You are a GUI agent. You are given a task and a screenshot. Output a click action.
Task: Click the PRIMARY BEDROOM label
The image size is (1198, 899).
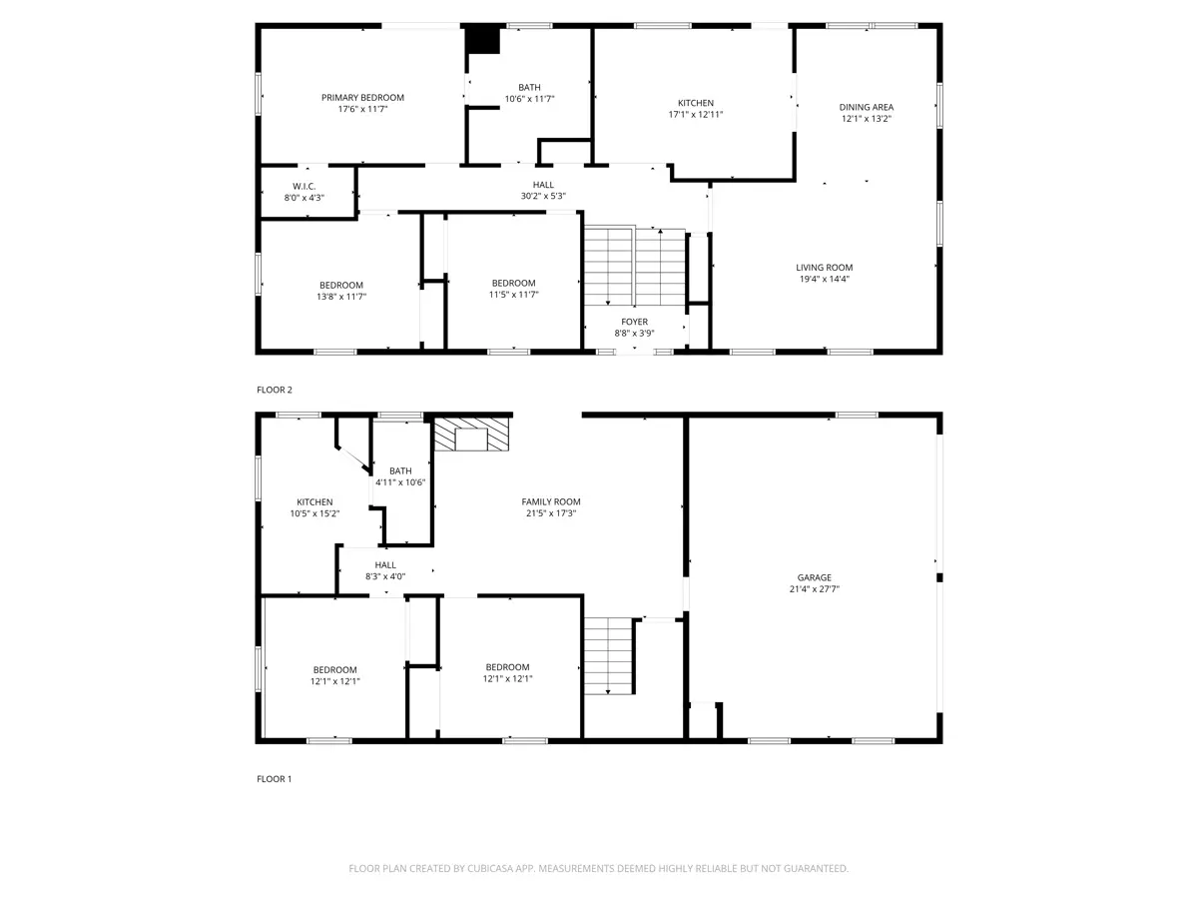coord(362,98)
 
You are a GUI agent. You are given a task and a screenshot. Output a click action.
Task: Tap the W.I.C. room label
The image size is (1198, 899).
coord(304,187)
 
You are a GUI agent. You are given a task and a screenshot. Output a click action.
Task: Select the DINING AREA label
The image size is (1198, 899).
coord(867,108)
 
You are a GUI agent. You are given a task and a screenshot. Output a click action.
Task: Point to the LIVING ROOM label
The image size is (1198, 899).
coord(825,268)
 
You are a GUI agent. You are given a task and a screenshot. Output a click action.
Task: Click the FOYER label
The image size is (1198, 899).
coord(634,322)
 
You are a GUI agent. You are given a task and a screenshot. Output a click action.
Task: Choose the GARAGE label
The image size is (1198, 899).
coord(815,577)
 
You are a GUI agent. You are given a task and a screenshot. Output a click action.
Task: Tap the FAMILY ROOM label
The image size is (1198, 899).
coord(551,501)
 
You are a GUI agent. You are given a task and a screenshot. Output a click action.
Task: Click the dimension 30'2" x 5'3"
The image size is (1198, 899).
coord(543,196)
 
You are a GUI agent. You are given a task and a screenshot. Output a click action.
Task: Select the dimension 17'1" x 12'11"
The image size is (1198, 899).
coord(695,115)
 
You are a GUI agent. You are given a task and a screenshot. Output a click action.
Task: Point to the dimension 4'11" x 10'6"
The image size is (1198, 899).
coord(400,482)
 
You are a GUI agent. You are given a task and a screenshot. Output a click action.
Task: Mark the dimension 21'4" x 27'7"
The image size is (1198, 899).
coord(815,589)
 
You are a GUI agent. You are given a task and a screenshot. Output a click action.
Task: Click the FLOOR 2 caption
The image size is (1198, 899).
coord(274,390)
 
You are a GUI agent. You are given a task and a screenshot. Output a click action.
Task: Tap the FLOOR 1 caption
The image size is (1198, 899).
coord(274,779)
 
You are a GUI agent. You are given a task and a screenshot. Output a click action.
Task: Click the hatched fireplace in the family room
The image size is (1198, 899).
coord(471,434)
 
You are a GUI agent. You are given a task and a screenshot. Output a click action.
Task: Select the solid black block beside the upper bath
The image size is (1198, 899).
coord(482,41)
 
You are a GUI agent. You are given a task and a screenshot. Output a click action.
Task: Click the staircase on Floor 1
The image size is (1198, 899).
coord(609,655)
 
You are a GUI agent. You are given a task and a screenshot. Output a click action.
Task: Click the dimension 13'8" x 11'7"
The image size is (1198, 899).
coord(341,297)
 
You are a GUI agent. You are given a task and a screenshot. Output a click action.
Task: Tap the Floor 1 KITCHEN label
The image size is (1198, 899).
coord(314,502)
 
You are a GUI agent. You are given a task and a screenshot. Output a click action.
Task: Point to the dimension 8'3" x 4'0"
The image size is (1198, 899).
coord(385,576)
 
